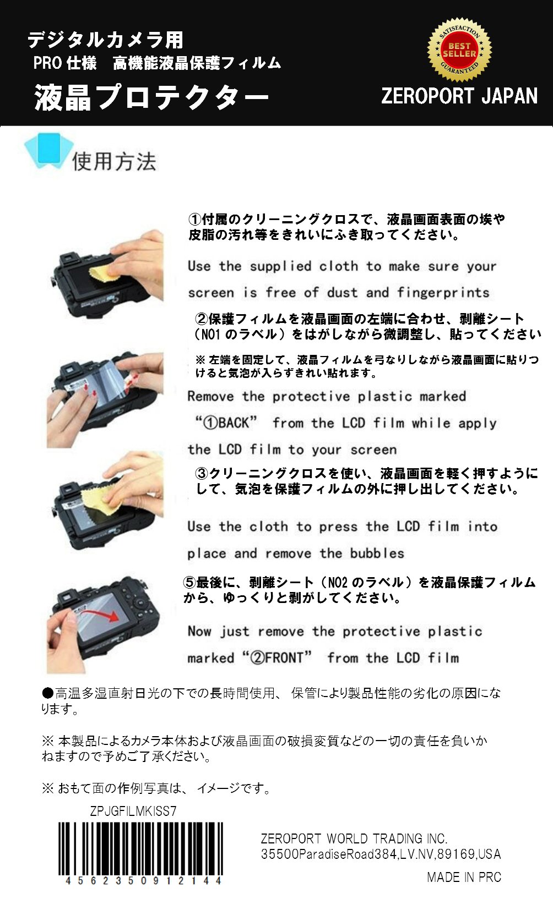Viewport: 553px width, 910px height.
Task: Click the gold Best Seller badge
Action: click(x=459, y=50)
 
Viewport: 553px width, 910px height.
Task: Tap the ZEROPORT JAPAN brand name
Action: click(x=459, y=96)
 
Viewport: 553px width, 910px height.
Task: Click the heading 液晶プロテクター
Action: click(x=151, y=97)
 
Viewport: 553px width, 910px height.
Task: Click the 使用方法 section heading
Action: click(x=114, y=162)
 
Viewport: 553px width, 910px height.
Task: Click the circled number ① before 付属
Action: click(x=195, y=220)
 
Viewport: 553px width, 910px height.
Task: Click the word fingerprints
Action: click(x=443, y=293)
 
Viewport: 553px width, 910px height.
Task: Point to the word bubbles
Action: click(x=377, y=553)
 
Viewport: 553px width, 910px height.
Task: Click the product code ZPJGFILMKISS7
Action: click(x=133, y=812)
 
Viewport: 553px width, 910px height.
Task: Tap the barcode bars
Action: click(x=140, y=849)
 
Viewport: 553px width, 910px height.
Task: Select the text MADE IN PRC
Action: click(x=464, y=878)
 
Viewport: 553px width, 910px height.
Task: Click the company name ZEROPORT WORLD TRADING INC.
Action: click(x=354, y=839)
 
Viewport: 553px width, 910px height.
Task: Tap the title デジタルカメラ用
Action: click(x=105, y=40)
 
